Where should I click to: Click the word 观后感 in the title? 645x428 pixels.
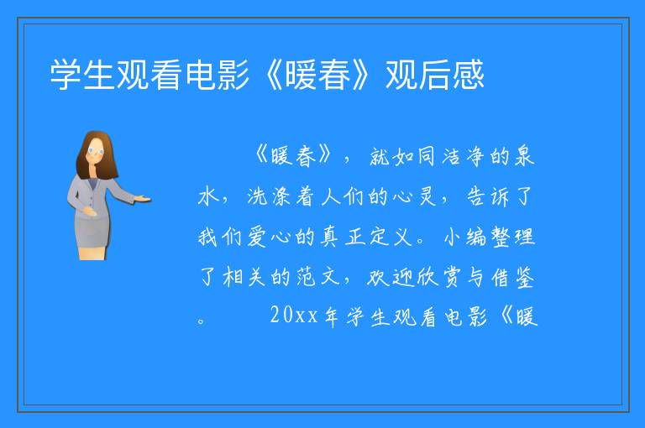point(435,75)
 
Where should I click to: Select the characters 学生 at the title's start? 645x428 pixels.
point(82,75)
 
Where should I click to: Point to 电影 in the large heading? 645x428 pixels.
point(218,75)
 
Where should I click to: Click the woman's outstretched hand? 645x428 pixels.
point(142,199)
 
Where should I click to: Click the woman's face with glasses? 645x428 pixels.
point(96,151)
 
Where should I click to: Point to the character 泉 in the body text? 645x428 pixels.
point(524,156)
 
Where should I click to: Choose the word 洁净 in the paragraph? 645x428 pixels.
point(464,157)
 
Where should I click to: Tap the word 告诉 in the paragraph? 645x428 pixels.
point(488,197)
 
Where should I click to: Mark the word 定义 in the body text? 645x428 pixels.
point(391,237)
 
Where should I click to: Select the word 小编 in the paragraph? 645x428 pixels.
point(464,237)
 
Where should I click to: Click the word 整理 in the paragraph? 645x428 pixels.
point(513,237)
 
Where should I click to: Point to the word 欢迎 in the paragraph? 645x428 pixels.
point(389,277)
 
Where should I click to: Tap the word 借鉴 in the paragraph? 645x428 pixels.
point(513,278)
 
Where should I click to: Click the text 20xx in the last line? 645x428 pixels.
point(294,316)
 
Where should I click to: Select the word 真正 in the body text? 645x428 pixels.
point(343,237)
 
